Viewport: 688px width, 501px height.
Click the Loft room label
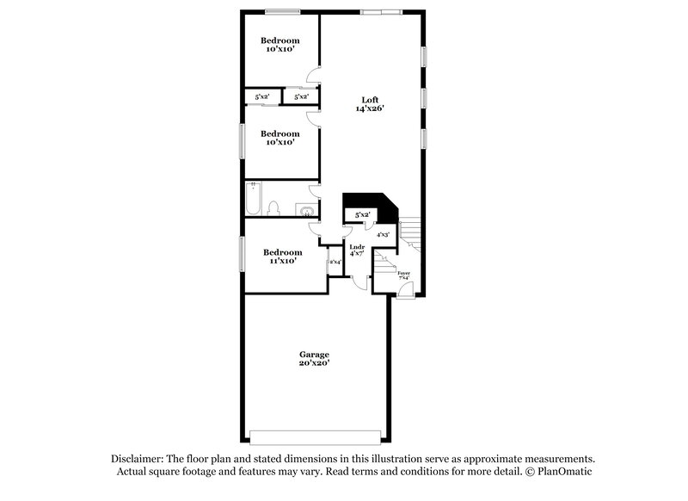pyautogui.click(x=369, y=104)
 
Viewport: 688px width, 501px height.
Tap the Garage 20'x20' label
pyautogui.click(x=314, y=359)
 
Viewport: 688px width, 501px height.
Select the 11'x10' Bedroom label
pyautogui.click(x=282, y=256)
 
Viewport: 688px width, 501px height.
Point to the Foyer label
pyautogui.click(x=403, y=275)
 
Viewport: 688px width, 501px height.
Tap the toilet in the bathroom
pyautogui.click(x=274, y=207)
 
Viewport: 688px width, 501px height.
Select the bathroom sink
pyautogui.click(x=304, y=208)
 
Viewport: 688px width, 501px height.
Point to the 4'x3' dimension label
pyautogui.click(x=384, y=234)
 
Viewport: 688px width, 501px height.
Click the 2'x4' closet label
pyautogui.click(x=335, y=262)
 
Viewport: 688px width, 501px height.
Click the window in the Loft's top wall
pyautogui.click(x=380, y=11)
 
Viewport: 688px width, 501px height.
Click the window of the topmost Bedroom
pyautogui.click(x=282, y=11)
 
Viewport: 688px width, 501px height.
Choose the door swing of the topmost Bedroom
pyautogui.click(x=316, y=77)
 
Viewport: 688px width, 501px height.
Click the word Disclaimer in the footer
pyautogui.click(x=138, y=459)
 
